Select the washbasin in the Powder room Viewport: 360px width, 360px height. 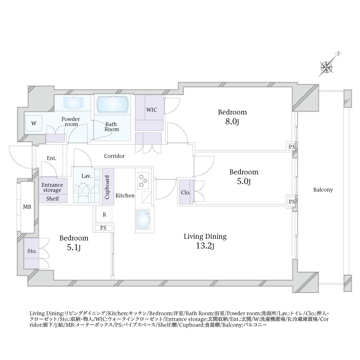tap(74, 103)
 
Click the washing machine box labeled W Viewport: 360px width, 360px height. tap(33, 123)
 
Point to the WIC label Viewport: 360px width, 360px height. tap(151, 110)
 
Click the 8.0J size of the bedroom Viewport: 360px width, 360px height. tap(233, 122)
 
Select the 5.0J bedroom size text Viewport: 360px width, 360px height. tap(244, 181)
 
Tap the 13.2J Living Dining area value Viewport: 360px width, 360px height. tap(205, 246)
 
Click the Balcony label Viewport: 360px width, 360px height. tap(323, 190)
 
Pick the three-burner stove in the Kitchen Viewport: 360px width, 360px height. tap(143, 180)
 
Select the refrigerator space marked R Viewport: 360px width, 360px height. tap(104, 215)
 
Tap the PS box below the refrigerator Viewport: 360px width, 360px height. tap(104, 228)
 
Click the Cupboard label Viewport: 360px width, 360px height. tap(107, 187)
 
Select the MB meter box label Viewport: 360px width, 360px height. tap(27, 207)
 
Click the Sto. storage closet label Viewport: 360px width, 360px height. tap(32, 251)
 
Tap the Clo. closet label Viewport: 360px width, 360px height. tap(185, 193)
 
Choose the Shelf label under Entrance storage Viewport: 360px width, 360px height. tap(53, 199)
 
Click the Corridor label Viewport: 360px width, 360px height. tap(114, 156)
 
